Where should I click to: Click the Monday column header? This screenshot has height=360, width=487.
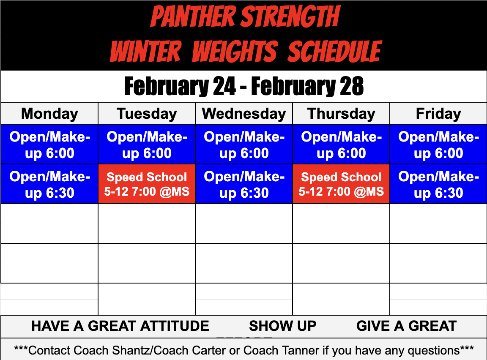point(49,114)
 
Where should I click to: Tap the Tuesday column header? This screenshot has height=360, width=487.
point(147,114)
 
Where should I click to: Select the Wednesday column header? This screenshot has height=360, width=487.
point(244,114)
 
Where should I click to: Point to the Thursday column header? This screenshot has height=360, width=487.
point(341,114)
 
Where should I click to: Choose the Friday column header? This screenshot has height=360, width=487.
point(438,114)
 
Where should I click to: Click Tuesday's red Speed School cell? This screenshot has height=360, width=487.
point(147,184)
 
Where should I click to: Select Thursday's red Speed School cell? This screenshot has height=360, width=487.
point(341,184)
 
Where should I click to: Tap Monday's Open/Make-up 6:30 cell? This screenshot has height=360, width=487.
point(49,184)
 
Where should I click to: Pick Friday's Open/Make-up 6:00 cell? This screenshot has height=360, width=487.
point(438,145)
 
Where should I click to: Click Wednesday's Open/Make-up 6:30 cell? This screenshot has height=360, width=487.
point(244,184)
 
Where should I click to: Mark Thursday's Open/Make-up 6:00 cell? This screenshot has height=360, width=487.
point(341,145)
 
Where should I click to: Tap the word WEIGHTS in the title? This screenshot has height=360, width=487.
point(235,52)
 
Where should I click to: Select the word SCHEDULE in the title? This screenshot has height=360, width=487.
point(335,52)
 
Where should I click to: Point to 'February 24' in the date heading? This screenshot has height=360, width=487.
point(180,86)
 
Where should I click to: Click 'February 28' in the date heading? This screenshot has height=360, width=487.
point(307,86)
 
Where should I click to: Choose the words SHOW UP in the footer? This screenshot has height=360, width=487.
point(282,326)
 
